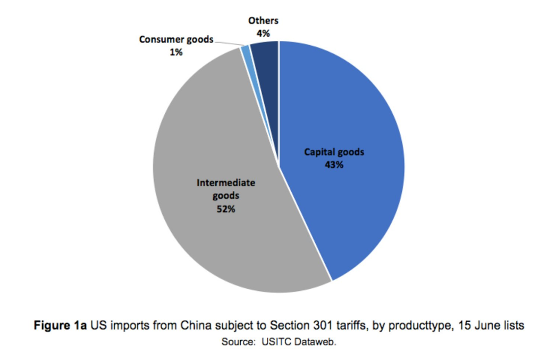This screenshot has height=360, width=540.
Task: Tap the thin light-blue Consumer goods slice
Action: pos(246,50)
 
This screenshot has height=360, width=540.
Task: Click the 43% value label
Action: pos(334,165)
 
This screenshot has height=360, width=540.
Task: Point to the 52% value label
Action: pos(225,209)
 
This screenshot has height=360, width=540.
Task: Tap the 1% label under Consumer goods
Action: pos(176,52)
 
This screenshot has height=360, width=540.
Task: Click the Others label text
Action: pos(263,21)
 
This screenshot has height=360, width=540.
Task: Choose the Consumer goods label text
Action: pos(176,39)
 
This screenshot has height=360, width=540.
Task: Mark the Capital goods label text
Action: pos(334,152)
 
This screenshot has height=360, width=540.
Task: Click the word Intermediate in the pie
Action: pos(225,183)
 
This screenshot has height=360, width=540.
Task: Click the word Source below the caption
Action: pos(236,342)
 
